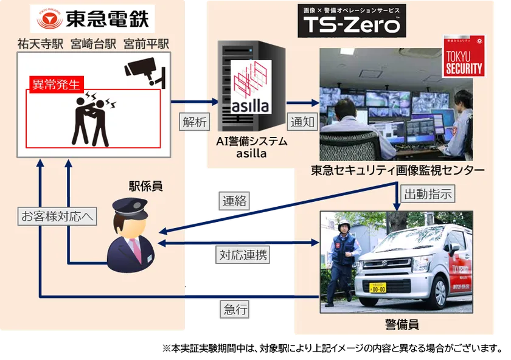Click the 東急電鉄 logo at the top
pos(92,20)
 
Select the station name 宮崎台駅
pos(93,44)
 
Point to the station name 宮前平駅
pos(146,44)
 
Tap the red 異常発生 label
pos(55,85)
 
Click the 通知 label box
pos(303,121)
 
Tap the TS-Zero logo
pos(352,21)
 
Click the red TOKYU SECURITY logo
pos(464,58)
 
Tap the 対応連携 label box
pos(242,255)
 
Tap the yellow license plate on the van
pos(378,288)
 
